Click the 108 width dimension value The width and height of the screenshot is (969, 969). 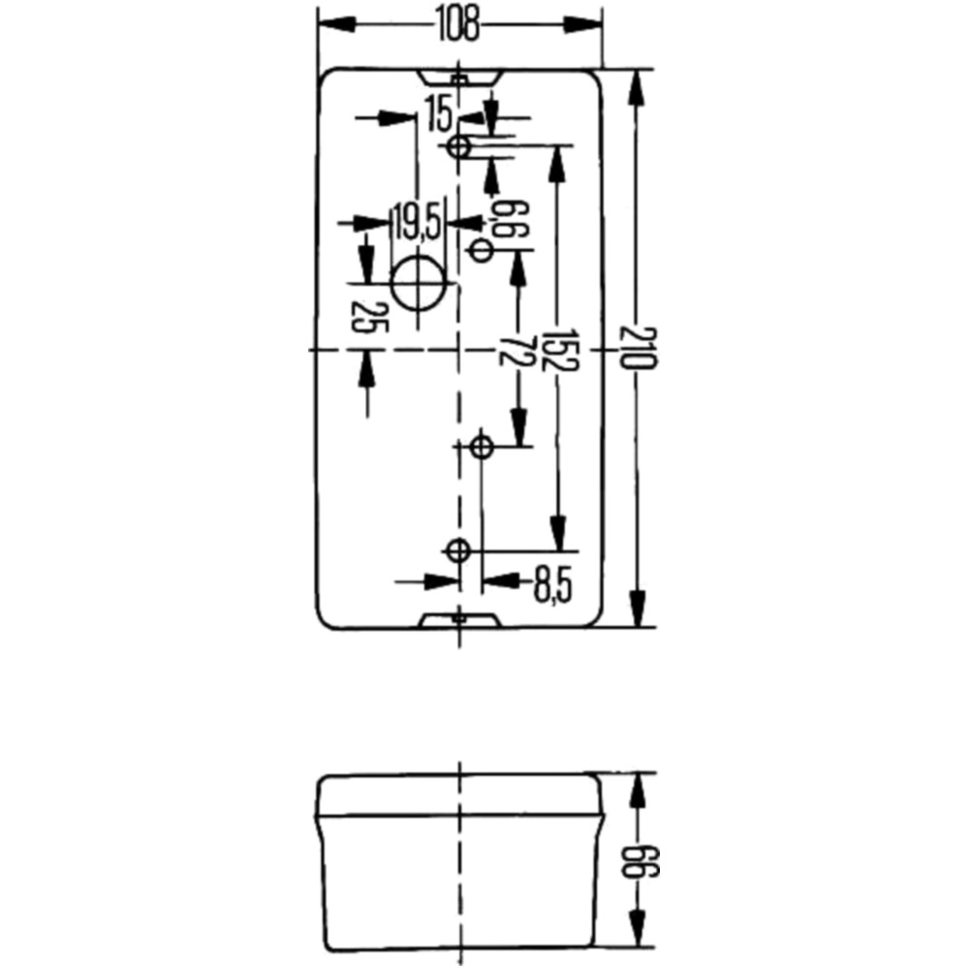tap(458, 25)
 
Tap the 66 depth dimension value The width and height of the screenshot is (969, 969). tap(641, 862)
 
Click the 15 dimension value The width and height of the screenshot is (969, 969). tap(440, 115)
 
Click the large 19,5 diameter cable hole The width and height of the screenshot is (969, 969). tap(419, 283)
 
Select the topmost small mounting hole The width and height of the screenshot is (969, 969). tap(458, 147)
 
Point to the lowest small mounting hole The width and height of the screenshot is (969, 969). tap(458, 550)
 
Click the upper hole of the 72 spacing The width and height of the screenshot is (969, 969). tap(482, 252)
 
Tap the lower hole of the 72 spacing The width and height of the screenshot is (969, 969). tap(482, 446)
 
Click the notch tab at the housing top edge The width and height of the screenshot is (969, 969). tap(458, 78)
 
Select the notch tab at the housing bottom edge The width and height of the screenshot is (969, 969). tap(458, 620)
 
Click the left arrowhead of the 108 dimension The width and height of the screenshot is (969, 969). tap(337, 25)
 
